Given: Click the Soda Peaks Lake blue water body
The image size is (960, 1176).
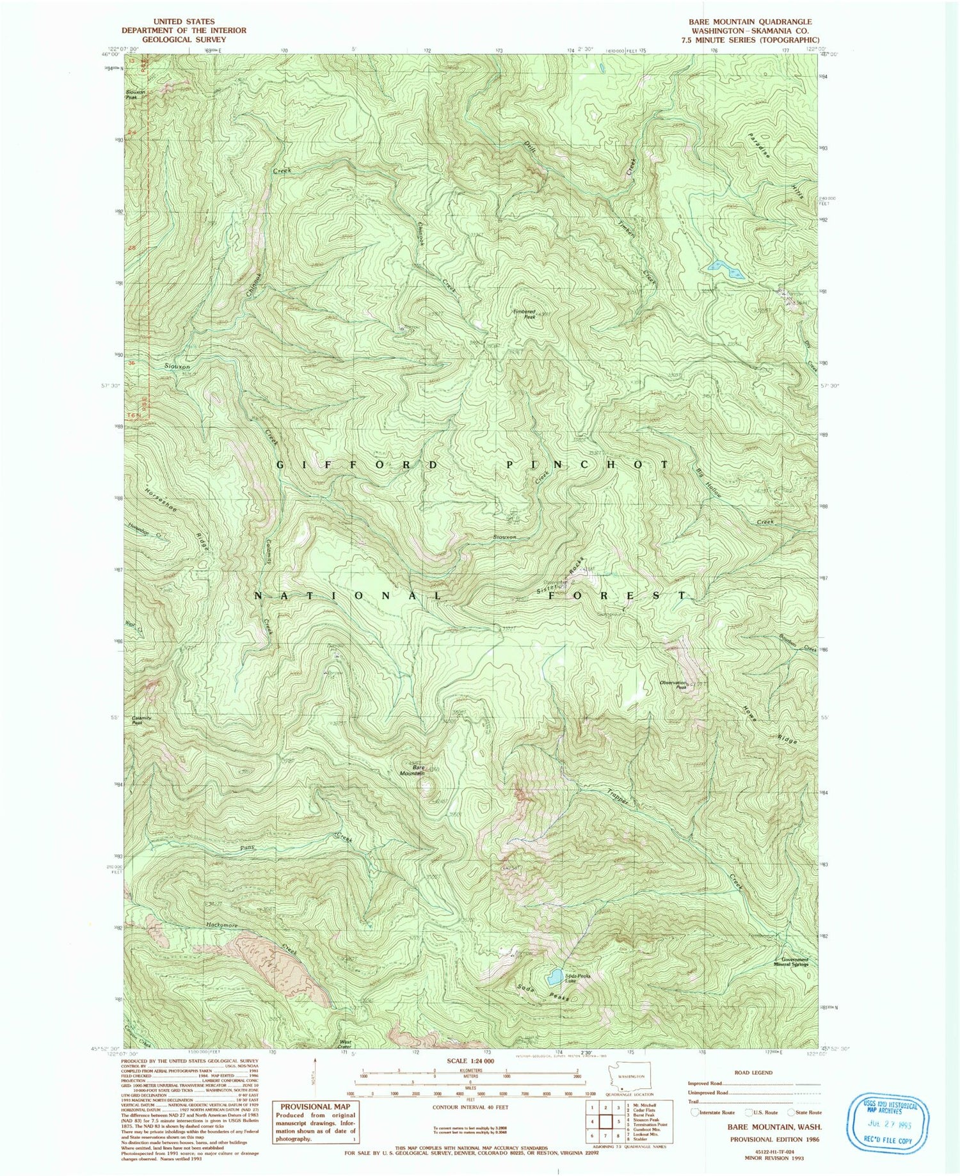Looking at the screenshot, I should [x=554, y=976].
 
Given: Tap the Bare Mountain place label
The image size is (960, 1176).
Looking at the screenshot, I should [x=419, y=770].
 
